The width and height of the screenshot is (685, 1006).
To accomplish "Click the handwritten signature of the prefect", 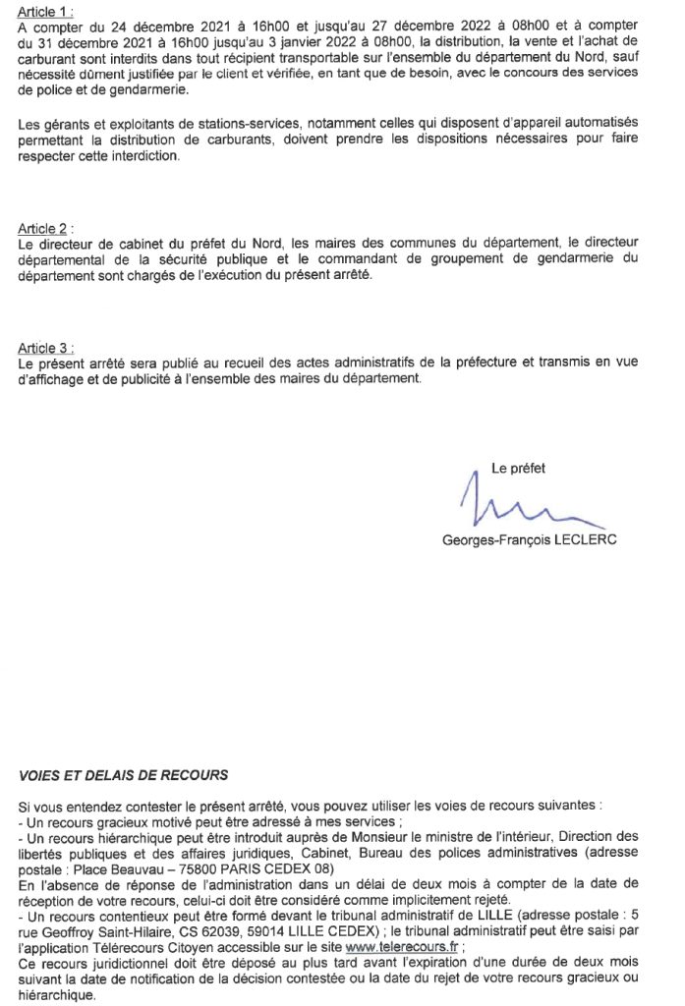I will click(515, 510).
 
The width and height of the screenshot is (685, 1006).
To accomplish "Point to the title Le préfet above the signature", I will click(518, 468).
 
